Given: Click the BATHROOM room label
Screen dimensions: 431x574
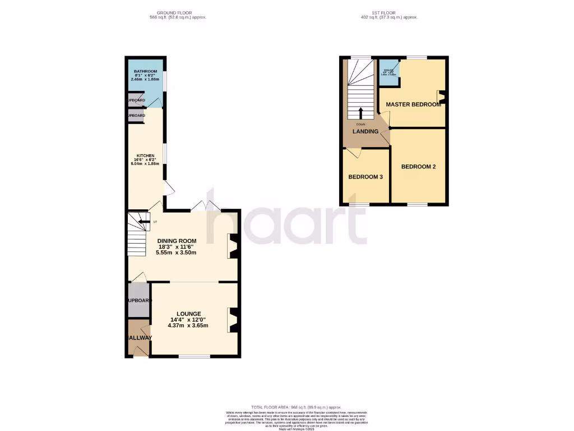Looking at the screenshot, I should point(145,71).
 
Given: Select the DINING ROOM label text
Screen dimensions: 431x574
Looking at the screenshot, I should point(176,241).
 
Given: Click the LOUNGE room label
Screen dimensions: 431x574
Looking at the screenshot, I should point(189,314).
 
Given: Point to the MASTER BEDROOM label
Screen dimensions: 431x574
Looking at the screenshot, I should point(413,104).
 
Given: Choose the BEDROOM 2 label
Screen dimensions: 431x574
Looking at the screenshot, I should point(418,167).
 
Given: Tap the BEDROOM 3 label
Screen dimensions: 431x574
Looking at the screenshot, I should point(365,177).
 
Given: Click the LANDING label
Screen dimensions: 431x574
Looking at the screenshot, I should point(365,132).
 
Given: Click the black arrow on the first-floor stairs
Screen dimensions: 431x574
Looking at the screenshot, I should point(360,112).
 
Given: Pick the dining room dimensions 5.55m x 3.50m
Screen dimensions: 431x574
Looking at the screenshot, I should point(176,253).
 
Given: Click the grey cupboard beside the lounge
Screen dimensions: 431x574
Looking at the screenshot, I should point(138,300).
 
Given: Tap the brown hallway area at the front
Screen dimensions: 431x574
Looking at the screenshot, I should point(138,337).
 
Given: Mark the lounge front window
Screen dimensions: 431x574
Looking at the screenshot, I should point(195,356).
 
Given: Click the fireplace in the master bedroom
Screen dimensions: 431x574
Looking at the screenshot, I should point(441,98).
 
